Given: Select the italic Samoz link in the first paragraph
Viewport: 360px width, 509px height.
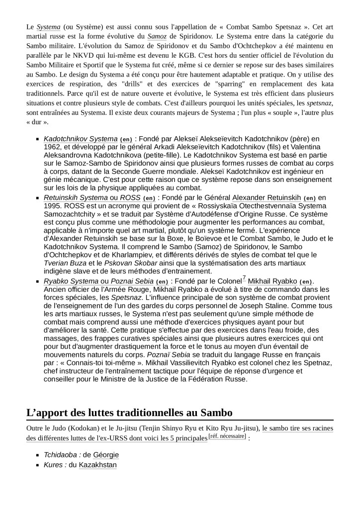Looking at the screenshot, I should tap(157, 36).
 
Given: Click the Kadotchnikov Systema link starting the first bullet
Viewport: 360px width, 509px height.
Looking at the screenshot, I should tap(81, 139).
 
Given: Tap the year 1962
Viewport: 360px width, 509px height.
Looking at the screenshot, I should tap(54, 147).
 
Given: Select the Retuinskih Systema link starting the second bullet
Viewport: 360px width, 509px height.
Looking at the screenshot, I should tap(76, 197).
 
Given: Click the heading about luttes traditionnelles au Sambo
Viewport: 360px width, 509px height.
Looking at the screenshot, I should tap(129, 412).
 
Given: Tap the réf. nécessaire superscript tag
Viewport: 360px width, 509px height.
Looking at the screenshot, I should tap(227, 436).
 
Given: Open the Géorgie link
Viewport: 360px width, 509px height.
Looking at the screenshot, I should tap(106, 455).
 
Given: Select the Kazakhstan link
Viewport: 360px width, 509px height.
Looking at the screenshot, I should tap(98, 465).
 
